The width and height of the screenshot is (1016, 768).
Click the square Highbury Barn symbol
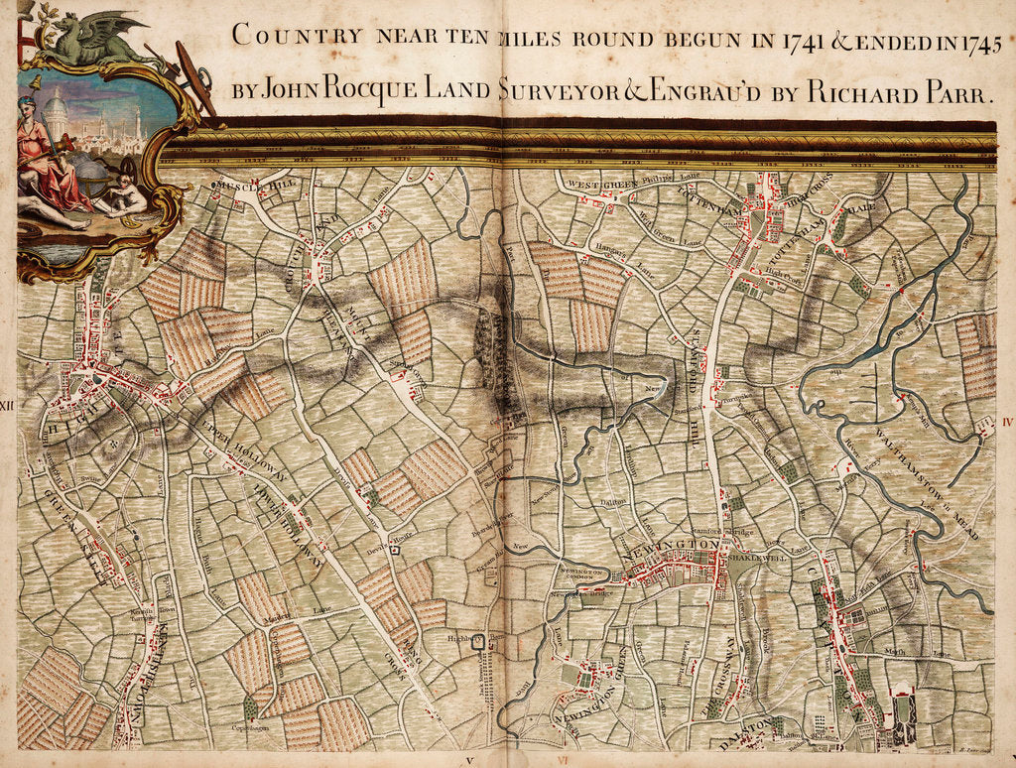coord(480,642)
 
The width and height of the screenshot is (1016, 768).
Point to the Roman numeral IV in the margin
coord(1007,421)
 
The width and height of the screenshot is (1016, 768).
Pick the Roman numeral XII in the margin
coord(8,405)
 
